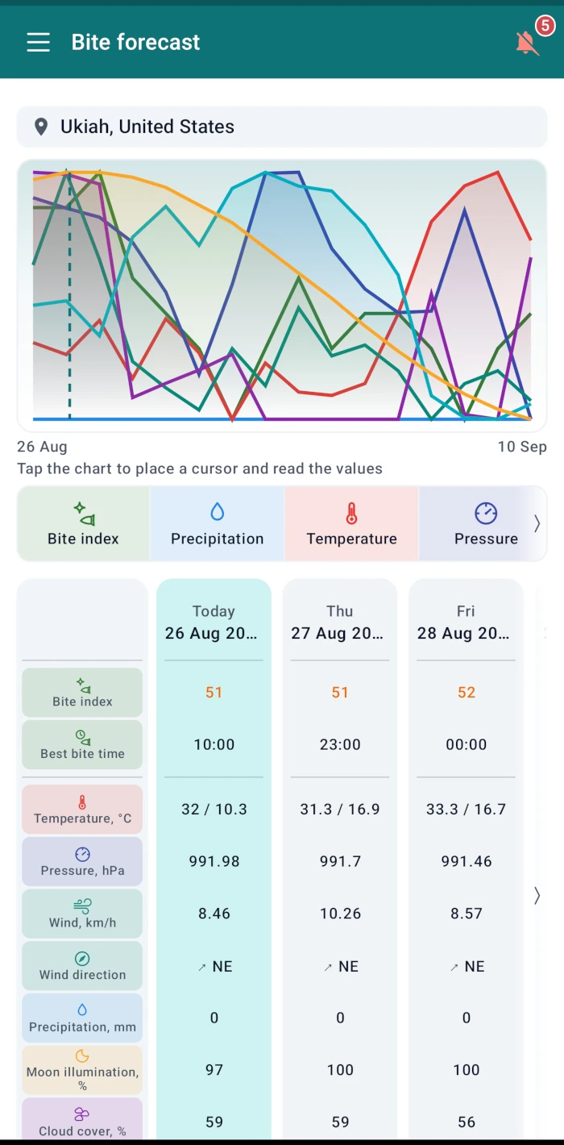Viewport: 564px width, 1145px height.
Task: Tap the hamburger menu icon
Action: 39,42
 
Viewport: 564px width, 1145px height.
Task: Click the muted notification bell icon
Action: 527,43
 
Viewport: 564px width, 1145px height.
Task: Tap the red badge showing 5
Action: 545,25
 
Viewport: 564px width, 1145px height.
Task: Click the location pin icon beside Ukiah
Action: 41,127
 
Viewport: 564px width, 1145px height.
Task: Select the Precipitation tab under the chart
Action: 217,523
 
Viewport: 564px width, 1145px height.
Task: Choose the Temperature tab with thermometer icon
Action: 351,523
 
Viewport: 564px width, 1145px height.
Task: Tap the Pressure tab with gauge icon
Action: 486,523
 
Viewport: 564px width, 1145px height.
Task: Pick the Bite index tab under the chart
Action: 83,523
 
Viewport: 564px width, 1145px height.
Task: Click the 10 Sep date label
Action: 522,447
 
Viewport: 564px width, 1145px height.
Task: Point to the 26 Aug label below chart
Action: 42,447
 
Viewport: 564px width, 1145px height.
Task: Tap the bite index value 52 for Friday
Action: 467,692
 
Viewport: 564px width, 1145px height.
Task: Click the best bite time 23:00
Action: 340,744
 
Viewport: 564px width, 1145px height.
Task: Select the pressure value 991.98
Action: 214,861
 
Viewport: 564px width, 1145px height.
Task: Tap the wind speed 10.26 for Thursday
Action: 340,914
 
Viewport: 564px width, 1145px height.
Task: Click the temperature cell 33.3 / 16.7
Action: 467,810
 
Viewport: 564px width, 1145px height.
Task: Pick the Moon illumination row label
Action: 82,1070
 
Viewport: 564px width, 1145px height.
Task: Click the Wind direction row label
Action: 82,965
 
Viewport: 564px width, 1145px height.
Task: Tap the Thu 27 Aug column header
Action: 340,622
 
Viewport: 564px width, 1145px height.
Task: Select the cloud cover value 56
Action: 467,1122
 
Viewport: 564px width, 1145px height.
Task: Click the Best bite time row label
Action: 82,745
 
